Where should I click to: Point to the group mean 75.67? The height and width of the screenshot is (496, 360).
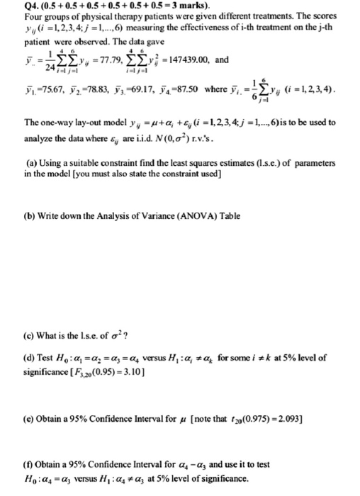pos(33,91)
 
